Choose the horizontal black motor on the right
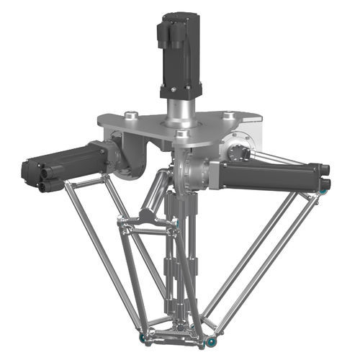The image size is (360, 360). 270,175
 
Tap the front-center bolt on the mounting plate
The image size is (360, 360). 181,134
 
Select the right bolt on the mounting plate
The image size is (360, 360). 228,115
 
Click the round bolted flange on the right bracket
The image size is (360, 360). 240,150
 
